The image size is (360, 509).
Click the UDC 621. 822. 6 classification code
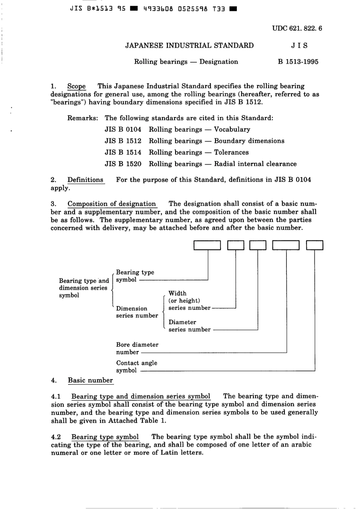click(297, 28)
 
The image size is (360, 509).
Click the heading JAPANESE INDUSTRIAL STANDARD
click(189, 45)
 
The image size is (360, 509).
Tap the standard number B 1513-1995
click(298, 62)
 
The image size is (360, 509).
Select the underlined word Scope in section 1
click(77, 86)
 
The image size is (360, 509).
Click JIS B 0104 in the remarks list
click(123, 130)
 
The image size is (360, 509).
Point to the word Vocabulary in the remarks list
click(232, 130)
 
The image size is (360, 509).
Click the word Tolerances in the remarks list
click(231, 152)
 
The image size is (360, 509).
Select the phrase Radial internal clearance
click(255, 164)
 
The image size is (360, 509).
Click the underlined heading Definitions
click(85, 180)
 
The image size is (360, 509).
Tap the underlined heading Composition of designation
click(112, 204)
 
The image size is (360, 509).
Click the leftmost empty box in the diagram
click(207, 245)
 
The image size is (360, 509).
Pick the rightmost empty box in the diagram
click(315, 245)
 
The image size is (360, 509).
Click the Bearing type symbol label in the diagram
click(135, 276)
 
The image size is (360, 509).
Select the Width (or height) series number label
click(189, 301)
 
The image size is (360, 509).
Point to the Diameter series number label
click(189, 326)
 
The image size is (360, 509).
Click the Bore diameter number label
click(137, 348)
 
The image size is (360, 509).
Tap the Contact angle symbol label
click(136, 367)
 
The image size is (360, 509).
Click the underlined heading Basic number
click(90, 381)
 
